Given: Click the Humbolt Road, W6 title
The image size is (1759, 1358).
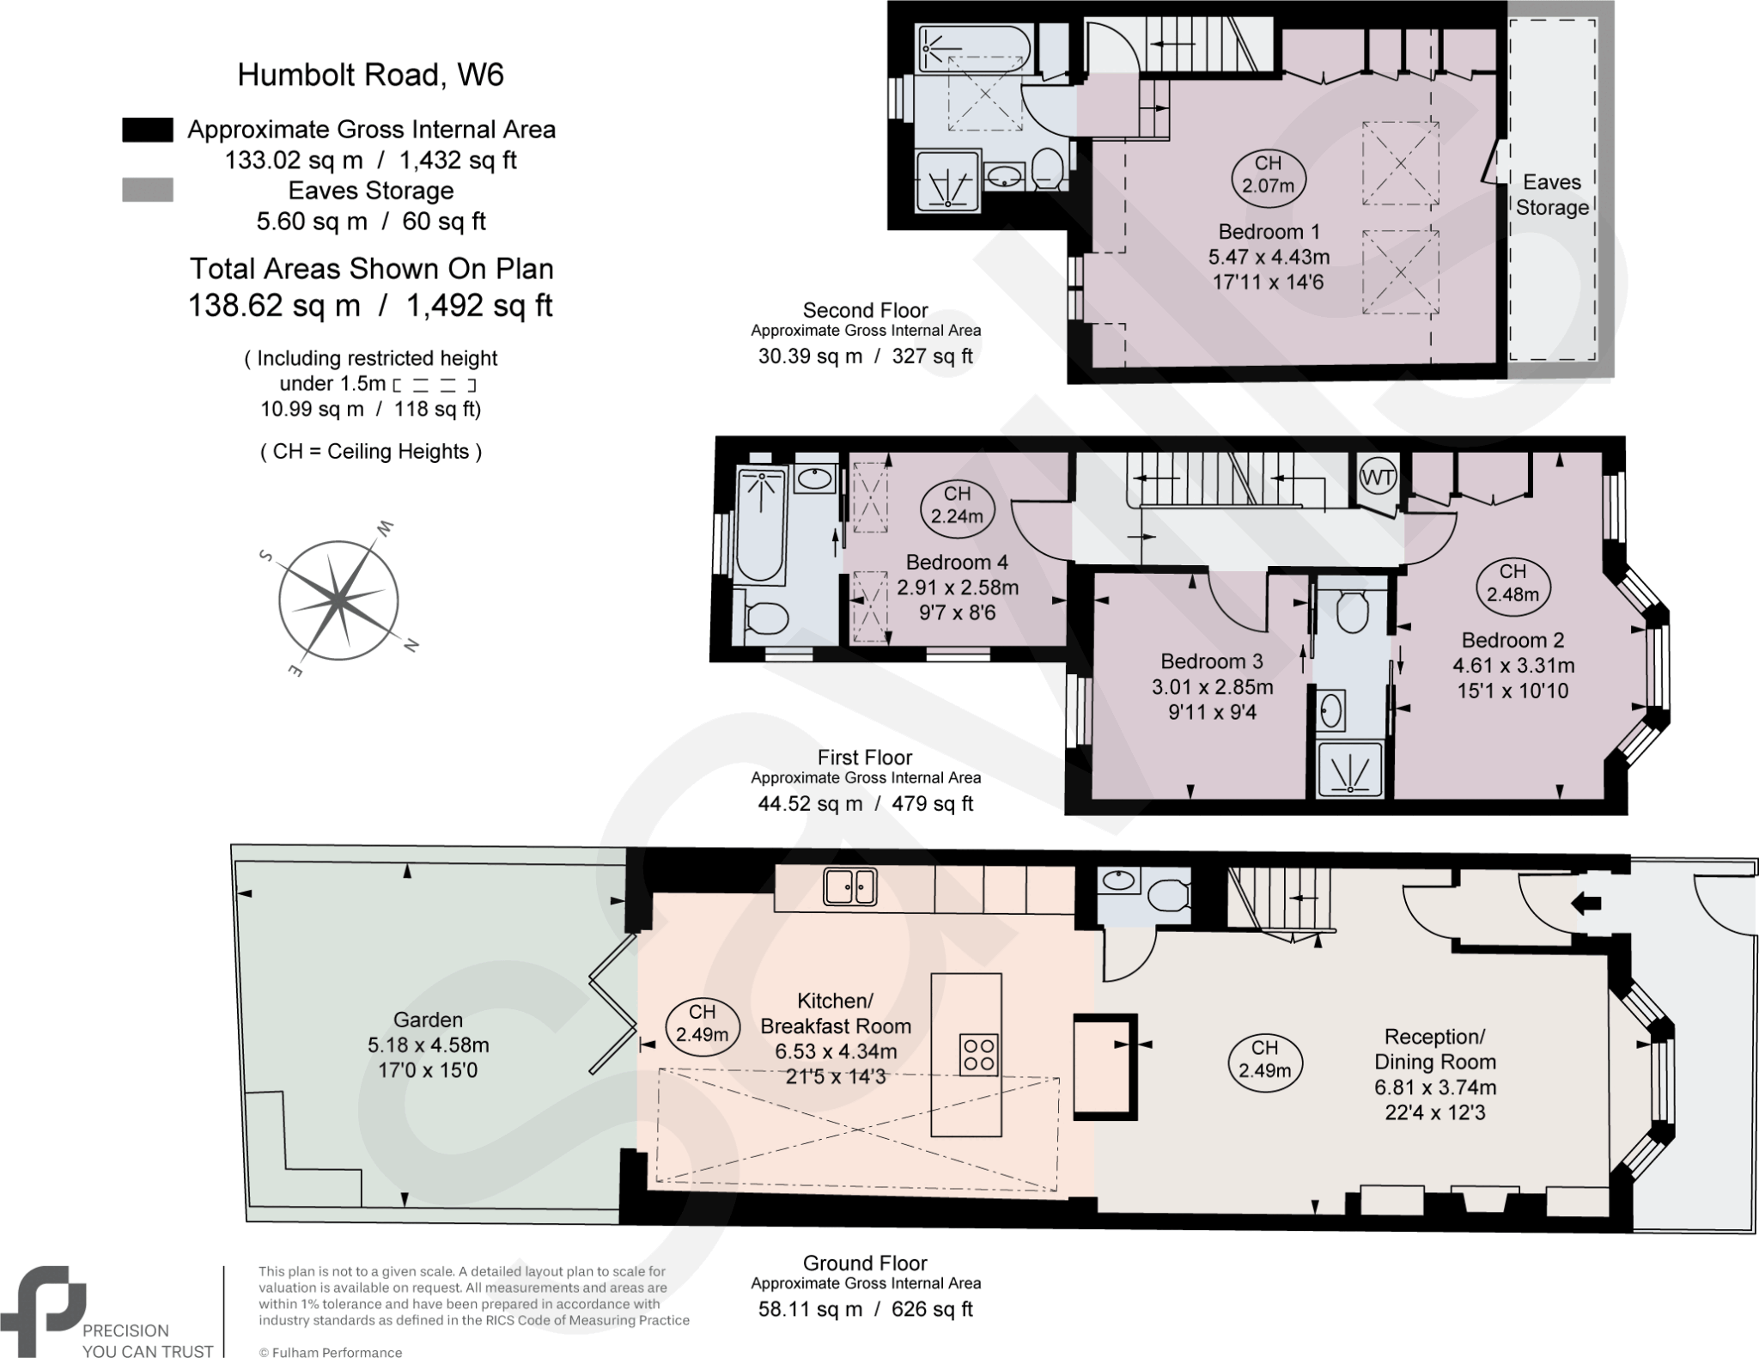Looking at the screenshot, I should pyautogui.click(x=370, y=75).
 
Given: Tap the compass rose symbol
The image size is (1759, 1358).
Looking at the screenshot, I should pyautogui.click(x=338, y=600).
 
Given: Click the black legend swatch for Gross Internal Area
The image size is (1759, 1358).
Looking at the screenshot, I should pyautogui.click(x=148, y=130).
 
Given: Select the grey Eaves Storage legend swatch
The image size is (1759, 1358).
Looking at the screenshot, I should pyautogui.click(x=148, y=190).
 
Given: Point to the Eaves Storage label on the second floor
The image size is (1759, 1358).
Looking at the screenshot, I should pyautogui.click(x=1551, y=195).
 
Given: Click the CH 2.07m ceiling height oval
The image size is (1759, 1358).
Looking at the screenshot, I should pyautogui.click(x=1268, y=174).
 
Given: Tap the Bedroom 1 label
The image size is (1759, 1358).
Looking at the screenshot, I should pyautogui.click(x=1269, y=232).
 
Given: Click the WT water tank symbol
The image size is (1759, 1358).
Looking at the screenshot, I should pyautogui.click(x=1379, y=478).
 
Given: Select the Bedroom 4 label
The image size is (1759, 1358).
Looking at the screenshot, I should pyautogui.click(x=957, y=563).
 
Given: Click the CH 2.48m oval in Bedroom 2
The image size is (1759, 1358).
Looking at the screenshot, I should pyautogui.click(x=1512, y=582).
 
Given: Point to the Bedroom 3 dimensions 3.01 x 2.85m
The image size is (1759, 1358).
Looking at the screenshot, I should pyautogui.click(x=1212, y=687).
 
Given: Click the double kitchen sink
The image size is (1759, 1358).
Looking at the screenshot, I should pyautogui.click(x=850, y=886).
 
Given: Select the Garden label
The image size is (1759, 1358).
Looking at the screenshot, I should pyautogui.click(x=428, y=1020).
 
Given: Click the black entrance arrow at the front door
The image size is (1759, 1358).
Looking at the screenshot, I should pyautogui.click(x=1586, y=903).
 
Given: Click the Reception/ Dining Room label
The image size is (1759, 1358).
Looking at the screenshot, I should pyautogui.click(x=1434, y=1049).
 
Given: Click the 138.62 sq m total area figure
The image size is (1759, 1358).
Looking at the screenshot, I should pyautogui.click(x=274, y=306).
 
